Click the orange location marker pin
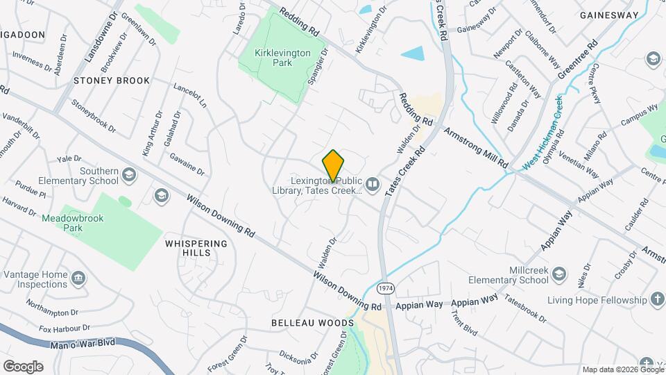click(334, 165)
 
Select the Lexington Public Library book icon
click(373, 184)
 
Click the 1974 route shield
click(385, 287)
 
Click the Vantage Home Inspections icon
click(78, 278)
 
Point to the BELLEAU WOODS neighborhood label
click(312, 324)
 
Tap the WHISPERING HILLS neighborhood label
click(196, 249)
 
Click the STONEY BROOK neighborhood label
click(112, 81)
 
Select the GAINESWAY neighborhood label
click(608, 15)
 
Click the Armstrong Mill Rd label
click(476, 147)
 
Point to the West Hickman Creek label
click(543, 132)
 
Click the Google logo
click(23, 366)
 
